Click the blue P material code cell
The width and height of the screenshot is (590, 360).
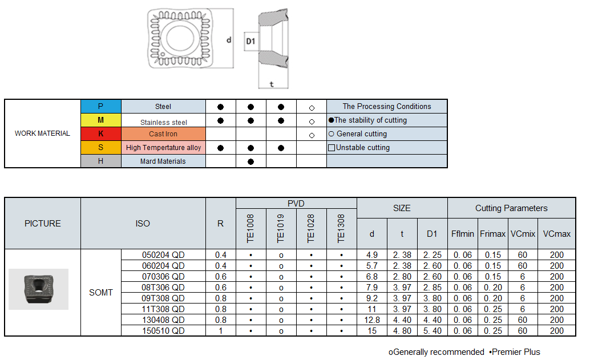pos(100,106)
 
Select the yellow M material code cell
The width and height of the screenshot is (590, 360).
pos(100,120)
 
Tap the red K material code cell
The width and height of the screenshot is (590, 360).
pos(100,134)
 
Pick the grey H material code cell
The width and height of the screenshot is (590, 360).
pos(100,161)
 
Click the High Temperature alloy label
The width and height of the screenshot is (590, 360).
pos(163,147)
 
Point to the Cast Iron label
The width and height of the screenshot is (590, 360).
pos(163,134)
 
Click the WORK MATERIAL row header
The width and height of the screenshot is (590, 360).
pos(42,134)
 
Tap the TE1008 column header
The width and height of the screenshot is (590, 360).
pos(251,229)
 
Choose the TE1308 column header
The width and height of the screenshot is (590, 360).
pos(341,229)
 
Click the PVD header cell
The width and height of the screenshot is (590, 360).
pos(296,204)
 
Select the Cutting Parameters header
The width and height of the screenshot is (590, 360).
pos(511,208)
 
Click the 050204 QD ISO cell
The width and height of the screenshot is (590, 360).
pos(163,254)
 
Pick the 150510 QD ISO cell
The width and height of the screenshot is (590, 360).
pos(163,330)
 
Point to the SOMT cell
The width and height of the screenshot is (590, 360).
pos(101,292)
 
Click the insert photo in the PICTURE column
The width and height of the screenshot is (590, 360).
pos(38,289)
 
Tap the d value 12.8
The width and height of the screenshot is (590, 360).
pos(372,319)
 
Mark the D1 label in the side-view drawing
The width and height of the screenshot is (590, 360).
pos(250,41)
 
